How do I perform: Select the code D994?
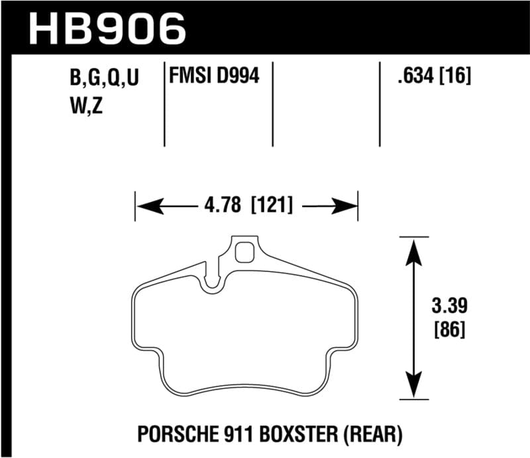pos(237,77)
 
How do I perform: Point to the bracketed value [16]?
pos(456,77)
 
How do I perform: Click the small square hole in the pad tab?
pos(245,252)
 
